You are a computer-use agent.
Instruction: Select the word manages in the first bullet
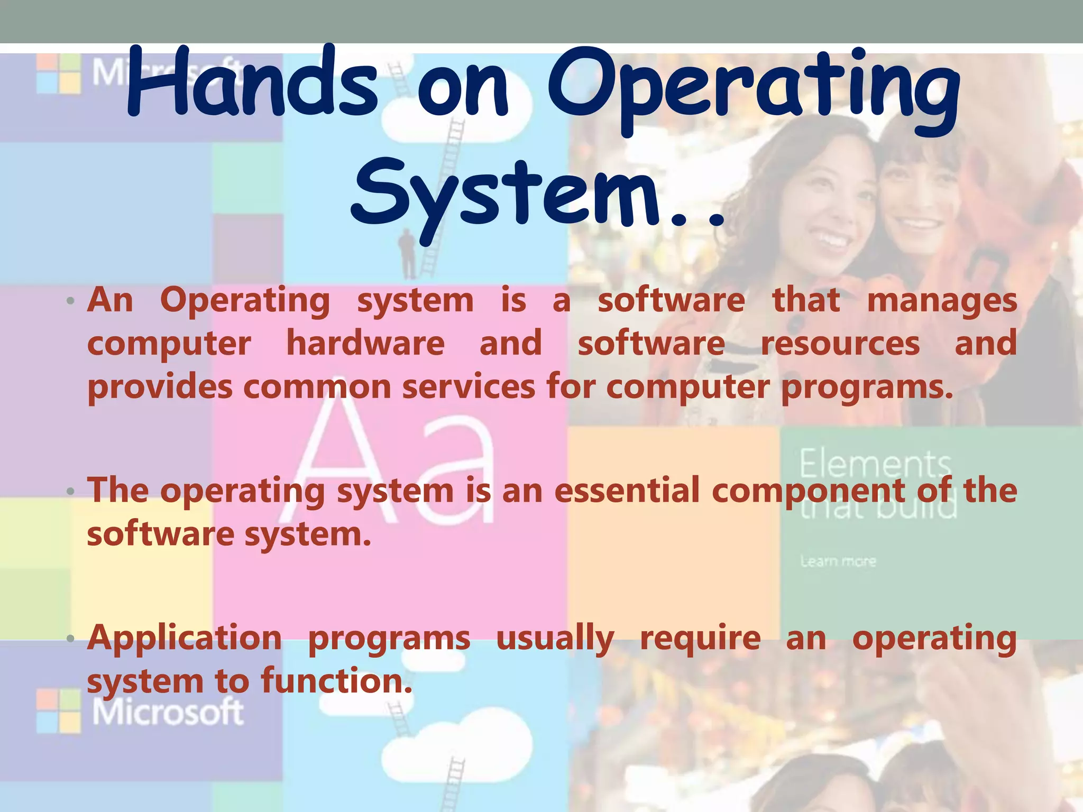942,301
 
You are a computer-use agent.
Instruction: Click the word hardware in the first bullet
365,344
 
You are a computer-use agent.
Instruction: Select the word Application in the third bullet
185,639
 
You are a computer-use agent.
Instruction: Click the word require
700,638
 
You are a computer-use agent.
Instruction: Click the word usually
555,639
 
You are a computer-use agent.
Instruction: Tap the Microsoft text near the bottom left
168,712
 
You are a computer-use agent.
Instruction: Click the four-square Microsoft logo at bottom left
59,710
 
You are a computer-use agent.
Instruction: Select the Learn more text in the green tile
838,561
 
